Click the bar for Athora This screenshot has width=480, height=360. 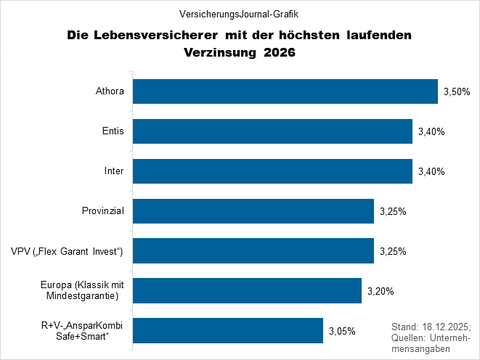pos(285,92)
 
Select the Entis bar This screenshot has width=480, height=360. pos(272,131)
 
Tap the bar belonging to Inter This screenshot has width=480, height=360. pos(272,171)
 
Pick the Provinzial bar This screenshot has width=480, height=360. pos(253,211)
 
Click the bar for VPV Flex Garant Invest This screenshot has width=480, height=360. pos(253,251)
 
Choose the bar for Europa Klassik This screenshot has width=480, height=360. pos(246,291)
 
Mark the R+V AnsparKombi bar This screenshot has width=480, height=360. pos(227,331)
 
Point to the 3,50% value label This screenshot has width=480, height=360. pos(457,92)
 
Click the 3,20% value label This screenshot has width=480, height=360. pos(381,291)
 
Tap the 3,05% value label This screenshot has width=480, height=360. pos(342,331)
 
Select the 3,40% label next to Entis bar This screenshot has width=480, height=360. pos(431,131)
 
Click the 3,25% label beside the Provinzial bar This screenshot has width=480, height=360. pos(393,211)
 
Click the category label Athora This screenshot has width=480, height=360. pos(110,92)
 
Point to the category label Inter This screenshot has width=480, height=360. pos(114,171)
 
